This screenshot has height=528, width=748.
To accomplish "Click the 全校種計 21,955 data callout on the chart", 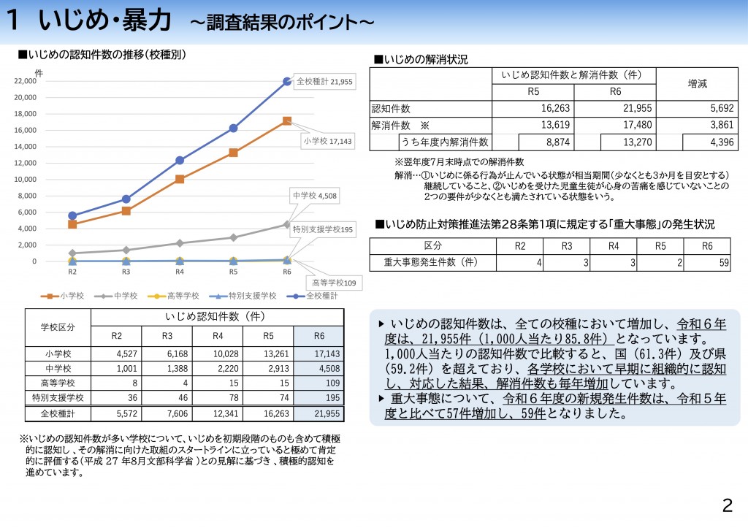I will point(324,82).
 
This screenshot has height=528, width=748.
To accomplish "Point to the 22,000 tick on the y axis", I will point(26,81).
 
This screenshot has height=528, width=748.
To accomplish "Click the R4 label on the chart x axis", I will point(180,272).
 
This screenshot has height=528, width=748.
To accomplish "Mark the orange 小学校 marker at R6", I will point(287,121).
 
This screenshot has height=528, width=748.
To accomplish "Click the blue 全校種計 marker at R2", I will point(72,215).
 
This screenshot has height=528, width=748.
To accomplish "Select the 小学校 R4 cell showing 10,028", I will point(218,353).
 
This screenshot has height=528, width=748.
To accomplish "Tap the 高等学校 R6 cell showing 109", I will point(318,383).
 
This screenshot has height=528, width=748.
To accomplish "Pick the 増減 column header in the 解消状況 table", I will point(697,84).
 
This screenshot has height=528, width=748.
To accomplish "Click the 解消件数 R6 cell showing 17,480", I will point(615,125).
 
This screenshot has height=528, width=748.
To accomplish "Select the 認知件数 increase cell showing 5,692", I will point(697,108).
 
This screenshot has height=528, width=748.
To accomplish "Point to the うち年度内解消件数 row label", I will point(444,142).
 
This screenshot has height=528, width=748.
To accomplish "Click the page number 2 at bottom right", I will point(726,505).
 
